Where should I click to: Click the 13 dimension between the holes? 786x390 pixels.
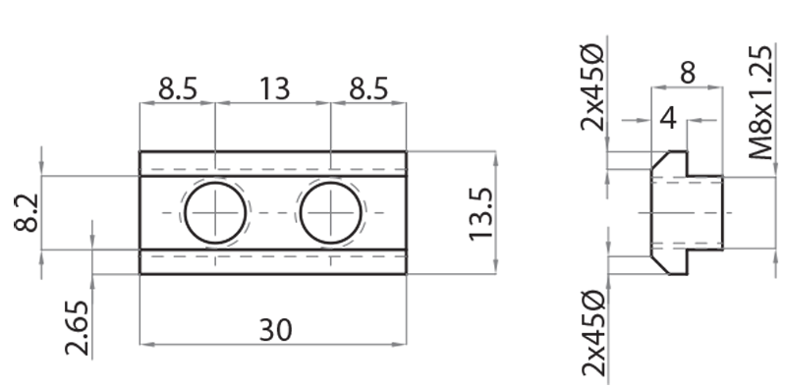[x=274, y=89]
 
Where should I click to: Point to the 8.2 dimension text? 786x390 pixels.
[x=27, y=212]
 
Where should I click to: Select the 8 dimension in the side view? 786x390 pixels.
[x=687, y=72]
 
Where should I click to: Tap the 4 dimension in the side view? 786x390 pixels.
[x=668, y=118]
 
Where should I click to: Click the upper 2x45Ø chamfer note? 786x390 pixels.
[x=592, y=86]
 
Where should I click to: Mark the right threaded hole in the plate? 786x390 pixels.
[x=331, y=212]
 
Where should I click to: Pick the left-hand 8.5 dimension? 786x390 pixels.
[x=177, y=89]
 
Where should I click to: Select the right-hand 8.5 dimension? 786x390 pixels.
[x=368, y=89]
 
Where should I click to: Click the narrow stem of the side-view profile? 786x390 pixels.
[x=705, y=212]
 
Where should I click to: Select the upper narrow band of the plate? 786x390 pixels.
[x=272, y=163]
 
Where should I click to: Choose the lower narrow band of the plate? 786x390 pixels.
[x=272, y=261]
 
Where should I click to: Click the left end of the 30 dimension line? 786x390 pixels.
[x=141, y=343]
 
